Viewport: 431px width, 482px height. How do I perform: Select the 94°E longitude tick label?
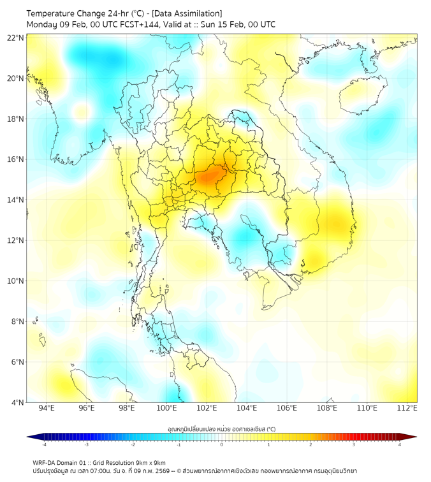click(47, 409)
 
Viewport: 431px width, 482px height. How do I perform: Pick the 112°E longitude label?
click(407, 409)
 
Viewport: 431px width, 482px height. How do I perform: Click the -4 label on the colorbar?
click(44, 444)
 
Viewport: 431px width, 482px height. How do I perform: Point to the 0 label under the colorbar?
click(222, 444)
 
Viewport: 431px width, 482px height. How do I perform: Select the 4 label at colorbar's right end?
click(400, 444)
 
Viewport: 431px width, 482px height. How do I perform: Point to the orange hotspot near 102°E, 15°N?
click(209, 174)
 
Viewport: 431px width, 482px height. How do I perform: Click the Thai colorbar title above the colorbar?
click(221, 428)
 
